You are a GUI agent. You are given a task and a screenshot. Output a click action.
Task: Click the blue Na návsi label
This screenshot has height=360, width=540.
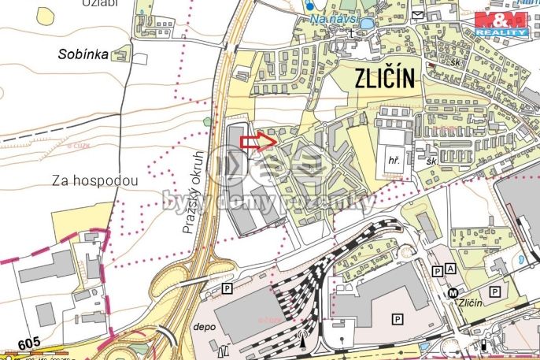click(x=335, y=17)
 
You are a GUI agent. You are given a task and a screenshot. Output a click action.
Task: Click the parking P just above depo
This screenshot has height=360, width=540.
click(x=227, y=289)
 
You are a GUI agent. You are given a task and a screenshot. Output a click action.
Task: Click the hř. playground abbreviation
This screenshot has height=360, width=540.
click(x=393, y=160)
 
